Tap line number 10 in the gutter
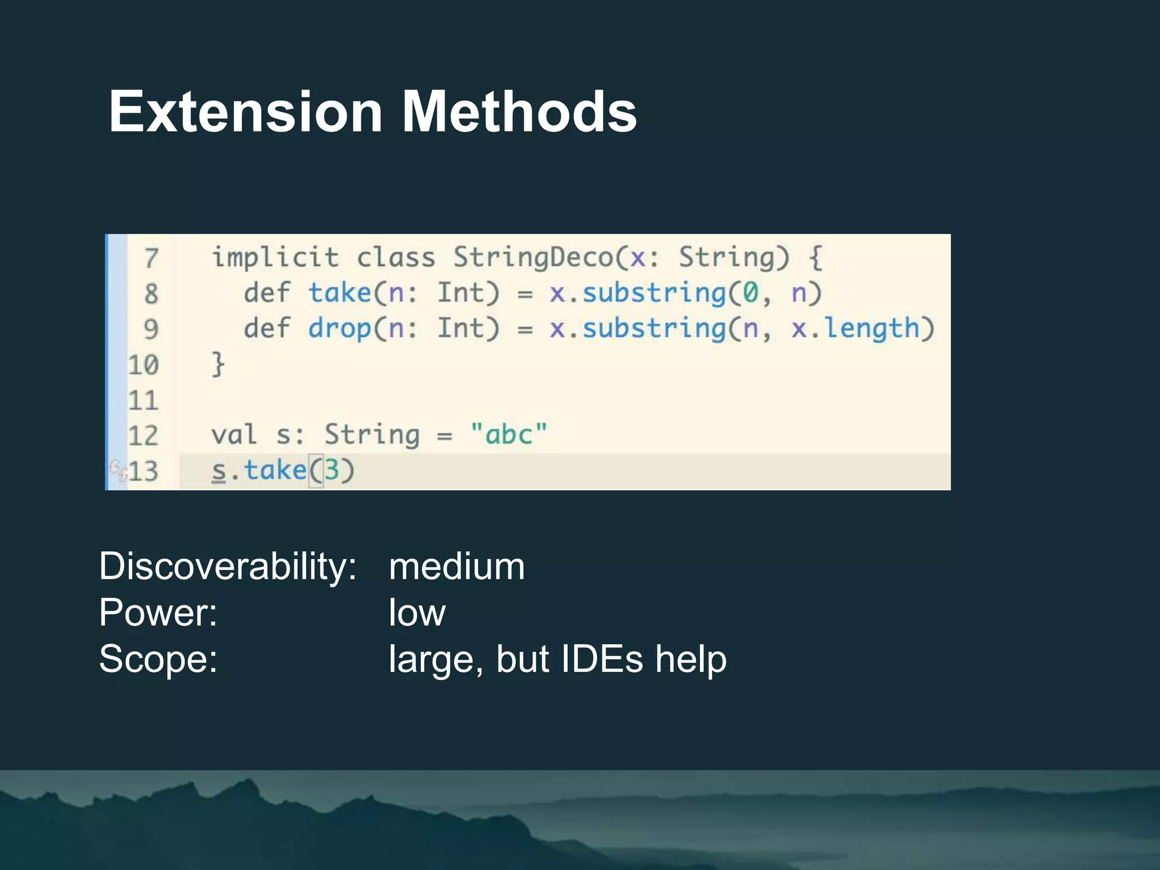pyautogui.click(x=143, y=365)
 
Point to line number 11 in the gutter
pyautogui.click(x=143, y=400)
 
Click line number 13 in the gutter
pyautogui.click(x=143, y=471)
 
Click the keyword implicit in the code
pyautogui.click(x=275, y=258)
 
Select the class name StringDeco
pyautogui.click(x=533, y=258)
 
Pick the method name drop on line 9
pyautogui.click(x=339, y=329)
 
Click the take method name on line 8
pyautogui.click(x=339, y=293)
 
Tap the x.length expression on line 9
pyautogui.click(x=855, y=329)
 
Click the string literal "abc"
pyautogui.click(x=509, y=435)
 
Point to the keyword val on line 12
pyautogui.click(x=234, y=435)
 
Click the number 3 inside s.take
pyautogui.click(x=331, y=470)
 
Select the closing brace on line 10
pyautogui.click(x=218, y=364)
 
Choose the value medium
pyautogui.click(x=457, y=566)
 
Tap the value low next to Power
pyautogui.click(x=417, y=612)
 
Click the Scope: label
pyautogui.click(x=158, y=659)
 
